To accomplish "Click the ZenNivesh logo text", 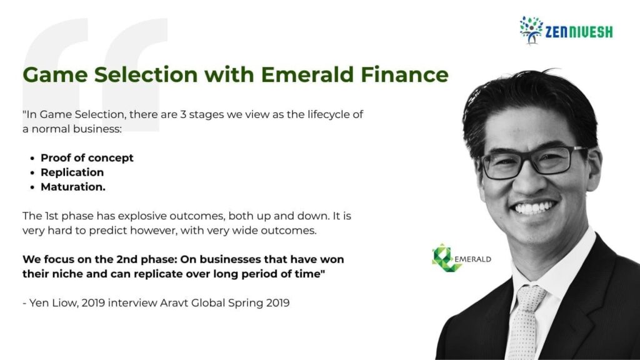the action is [x=579, y=32].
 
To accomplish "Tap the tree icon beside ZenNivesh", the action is [x=531, y=30].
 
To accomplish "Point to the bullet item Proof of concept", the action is [x=87, y=158].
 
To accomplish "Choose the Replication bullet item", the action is [x=72, y=172].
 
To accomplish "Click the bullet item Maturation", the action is [x=73, y=186].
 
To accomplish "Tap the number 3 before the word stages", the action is [x=183, y=114].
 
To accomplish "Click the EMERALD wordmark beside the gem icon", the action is [x=472, y=259].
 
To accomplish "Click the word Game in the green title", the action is [x=55, y=74].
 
